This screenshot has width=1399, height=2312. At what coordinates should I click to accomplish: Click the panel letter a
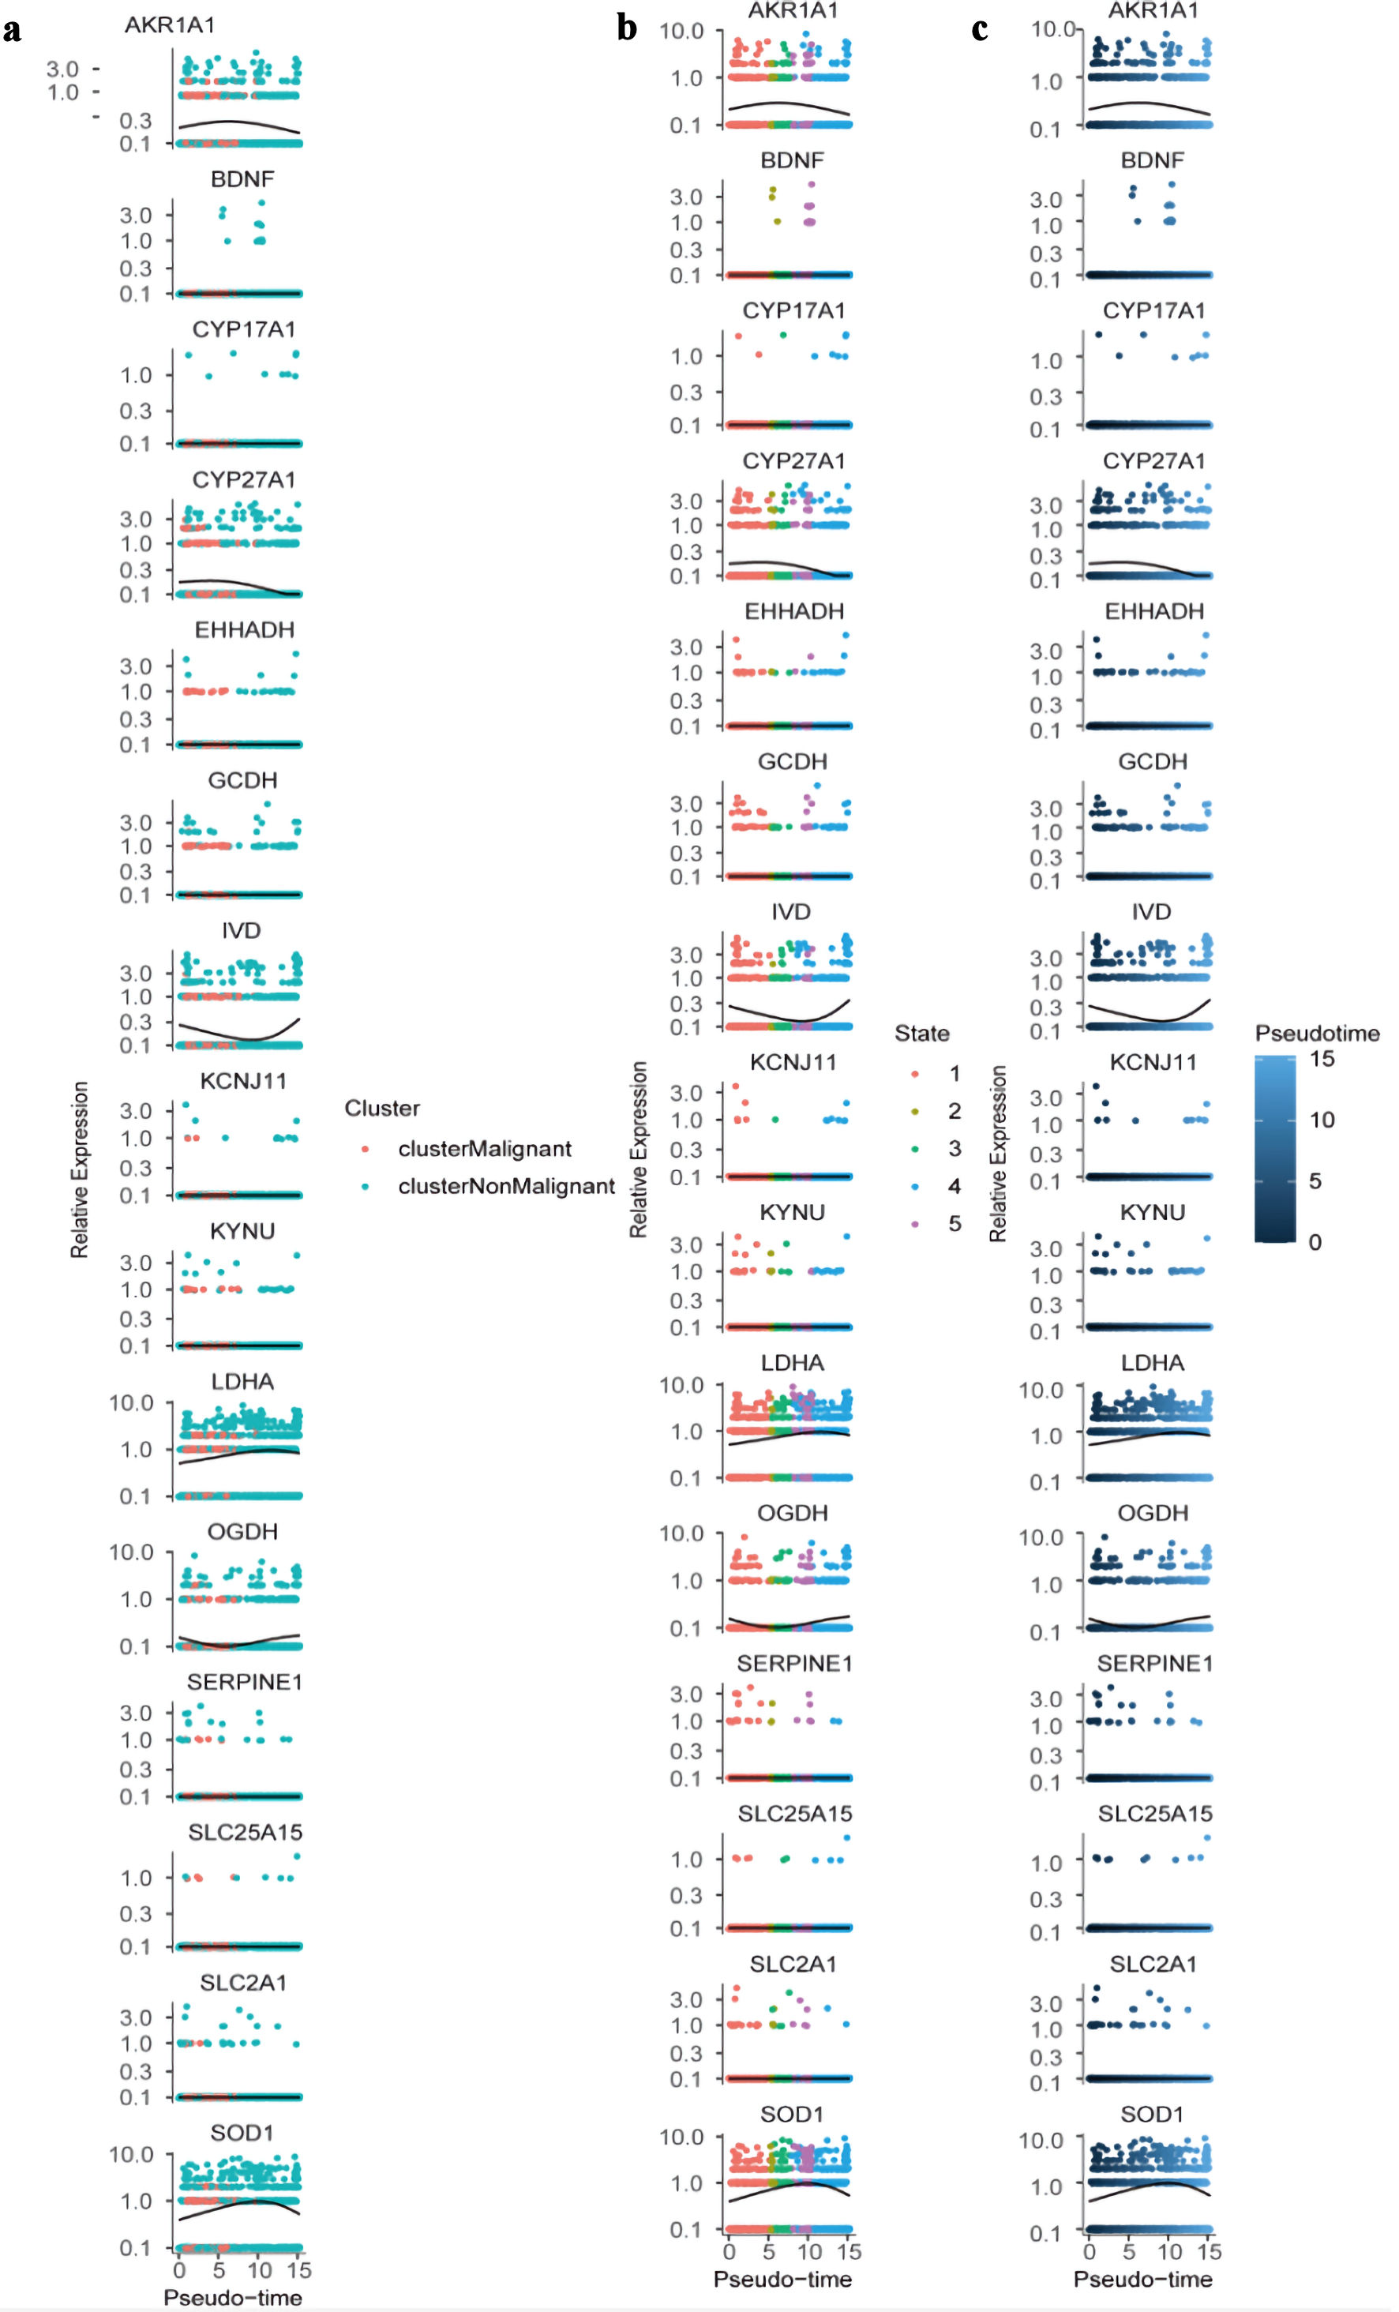pyautogui.click(x=12, y=30)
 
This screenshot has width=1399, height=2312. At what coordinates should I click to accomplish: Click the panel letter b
pyautogui.click(x=627, y=28)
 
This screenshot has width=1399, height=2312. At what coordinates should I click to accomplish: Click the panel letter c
pyautogui.click(x=980, y=30)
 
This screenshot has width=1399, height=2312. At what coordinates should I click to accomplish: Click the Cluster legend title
pyautogui.click(x=382, y=1108)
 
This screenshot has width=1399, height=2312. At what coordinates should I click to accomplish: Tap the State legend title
pyautogui.click(x=921, y=1033)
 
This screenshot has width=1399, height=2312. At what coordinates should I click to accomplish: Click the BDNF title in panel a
pyautogui.click(x=242, y=179)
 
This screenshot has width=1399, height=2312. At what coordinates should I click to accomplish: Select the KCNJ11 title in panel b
pyautogui.click(x=793, y=1062)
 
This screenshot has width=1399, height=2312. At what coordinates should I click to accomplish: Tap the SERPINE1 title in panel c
pyautogui.click(x=1154, y=1664)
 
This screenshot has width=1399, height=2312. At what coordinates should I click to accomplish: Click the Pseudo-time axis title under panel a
pyautogui.click(x=233, y=2298)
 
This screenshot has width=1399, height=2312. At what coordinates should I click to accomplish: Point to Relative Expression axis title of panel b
pyautogui.click(x=639, y=1150)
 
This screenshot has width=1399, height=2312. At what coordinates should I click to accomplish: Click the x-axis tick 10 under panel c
pyautogui.click(x=1169, y=2252)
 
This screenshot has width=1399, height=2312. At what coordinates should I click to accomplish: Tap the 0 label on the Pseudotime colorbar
pyautogui.click(x=1315, y=1242)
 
